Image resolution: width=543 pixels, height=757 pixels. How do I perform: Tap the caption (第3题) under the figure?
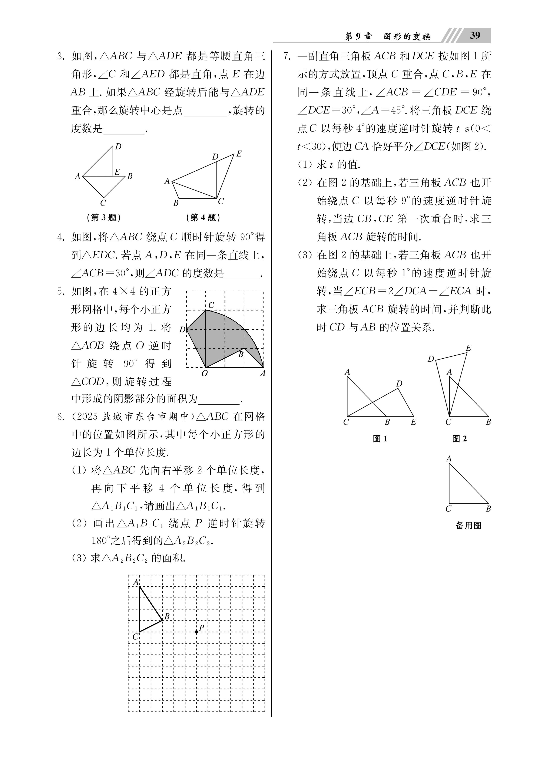pyautogui.click(x=103, y=218)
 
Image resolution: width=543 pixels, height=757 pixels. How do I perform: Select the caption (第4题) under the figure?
pyautogui.click(x=203, y=218)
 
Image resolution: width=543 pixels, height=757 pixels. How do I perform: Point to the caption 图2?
pyautogui.click(x=460, y=439)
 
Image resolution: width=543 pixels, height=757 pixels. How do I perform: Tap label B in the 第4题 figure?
pyautogui.click(x=176, y=203)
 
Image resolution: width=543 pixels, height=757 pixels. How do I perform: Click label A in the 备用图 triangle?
pyautogui.click(x=449, y=459)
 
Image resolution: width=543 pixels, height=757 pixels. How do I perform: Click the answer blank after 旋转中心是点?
pyautogui.click(x=205, y=111)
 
